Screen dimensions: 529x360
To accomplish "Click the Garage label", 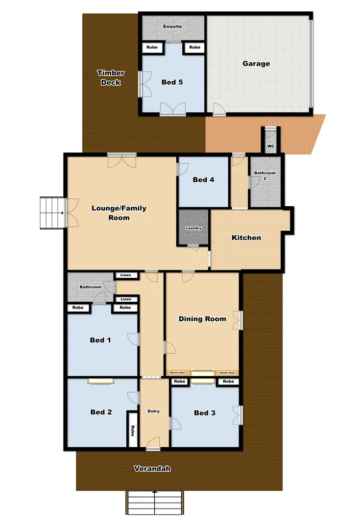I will (x=256, y=64).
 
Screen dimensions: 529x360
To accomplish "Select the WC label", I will (x=270, y=146).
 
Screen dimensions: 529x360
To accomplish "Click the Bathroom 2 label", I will (x=265, y=175).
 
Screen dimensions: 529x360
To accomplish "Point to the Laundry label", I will (x=193, y=228).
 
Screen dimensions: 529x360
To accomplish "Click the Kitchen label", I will (x=246, y=238).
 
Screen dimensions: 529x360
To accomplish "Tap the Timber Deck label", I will (x=111, y=77).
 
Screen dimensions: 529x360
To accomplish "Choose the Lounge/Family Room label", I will (x=119, y=213).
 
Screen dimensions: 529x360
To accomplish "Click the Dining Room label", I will (x=202, y=319).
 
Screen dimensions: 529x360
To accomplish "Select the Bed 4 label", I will (x=203, y=180).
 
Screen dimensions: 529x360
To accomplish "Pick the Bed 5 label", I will (x=172, y=82).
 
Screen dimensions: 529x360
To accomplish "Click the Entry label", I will (x=154, y=411).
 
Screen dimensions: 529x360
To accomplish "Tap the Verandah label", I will (x=152, y=469).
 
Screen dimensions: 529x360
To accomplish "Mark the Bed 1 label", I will (x=100, y=339).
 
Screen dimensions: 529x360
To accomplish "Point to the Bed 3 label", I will (x=205, y=413).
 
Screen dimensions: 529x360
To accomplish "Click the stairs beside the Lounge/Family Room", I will (x=52, y=213).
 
